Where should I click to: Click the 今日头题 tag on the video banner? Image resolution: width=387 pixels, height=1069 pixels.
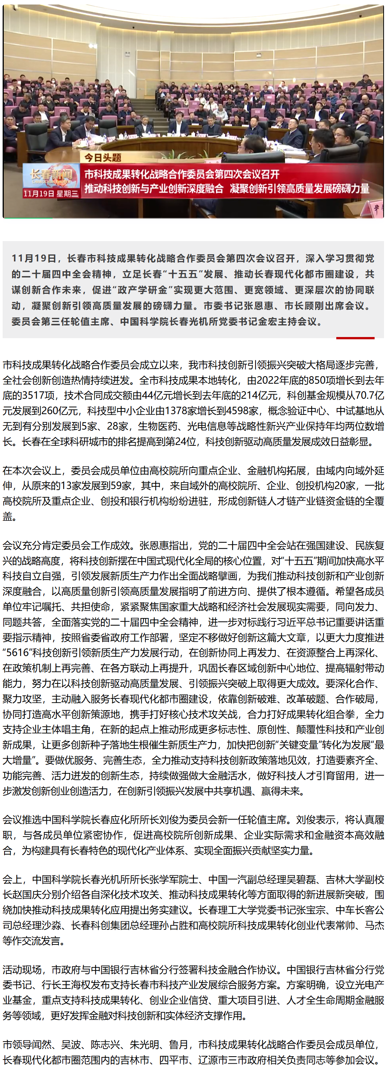pyautogui.click(x=103, y=158)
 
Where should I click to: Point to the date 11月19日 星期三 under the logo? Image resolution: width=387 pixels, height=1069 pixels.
pyautogui.click(x=51, y=193)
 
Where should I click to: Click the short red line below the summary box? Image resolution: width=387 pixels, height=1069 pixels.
pyautogui.click(x=355, y=338)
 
